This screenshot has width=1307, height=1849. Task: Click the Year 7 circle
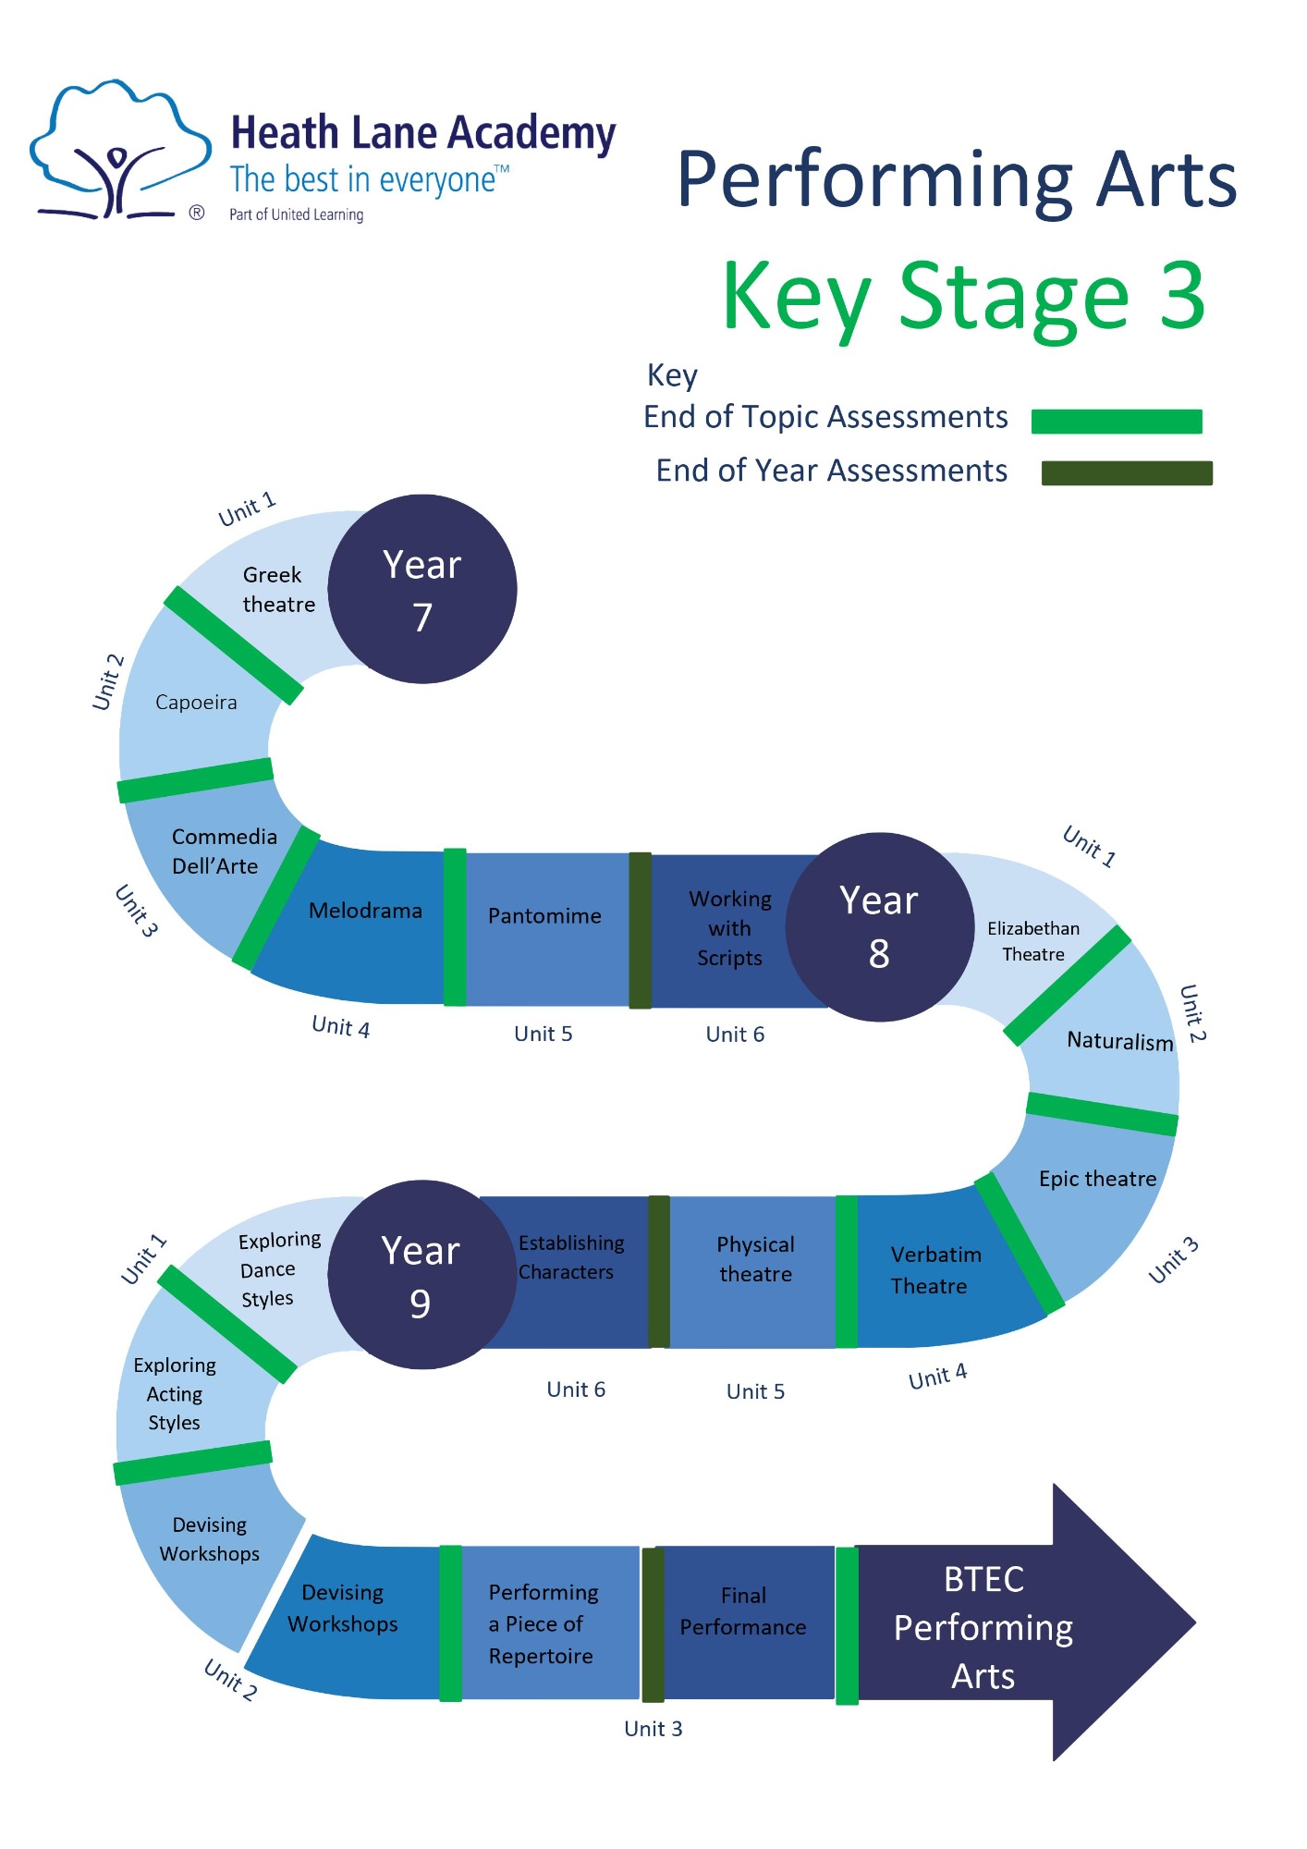pyautogui.click(x=422, y=590)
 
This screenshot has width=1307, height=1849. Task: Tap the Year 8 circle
pyautogui.click(x=879, y=927)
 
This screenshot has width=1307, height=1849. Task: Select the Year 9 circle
pyautogui.click(x=421, y=1275)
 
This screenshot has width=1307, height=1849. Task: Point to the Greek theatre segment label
pyautogui.click(x=276, y=590)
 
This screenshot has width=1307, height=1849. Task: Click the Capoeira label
pyautogui.click(x=196, y=703)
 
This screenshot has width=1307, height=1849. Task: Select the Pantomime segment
pyautogui.click(x=545, y=917)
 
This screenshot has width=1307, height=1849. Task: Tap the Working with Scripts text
pyautogui.click(x=729, y=928)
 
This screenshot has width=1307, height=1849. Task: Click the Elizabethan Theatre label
pyautogui.click(x=1032, y=941)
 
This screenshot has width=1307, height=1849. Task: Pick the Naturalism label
pyautogui.click(x=1118, y=1042)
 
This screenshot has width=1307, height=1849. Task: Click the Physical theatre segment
pyautogui.click(x=754, y=1259)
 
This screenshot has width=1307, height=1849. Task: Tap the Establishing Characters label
pyautogui.click(x=570, y=1257)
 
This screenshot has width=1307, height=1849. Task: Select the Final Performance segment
pyautogui.click(x=743, y=1611)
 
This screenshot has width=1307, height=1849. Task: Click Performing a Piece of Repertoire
pyautogui.click(x=543, y=1623)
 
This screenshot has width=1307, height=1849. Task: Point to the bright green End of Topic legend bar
pyautogui.click(x=1116, y=422)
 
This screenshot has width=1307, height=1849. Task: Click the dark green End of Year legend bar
pyautogui.click(x=1126, y=473)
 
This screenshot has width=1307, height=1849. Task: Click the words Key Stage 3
pyautogui.click(x=963, y=297)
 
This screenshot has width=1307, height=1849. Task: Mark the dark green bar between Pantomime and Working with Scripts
pyautogui.click(x=640, y=930)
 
